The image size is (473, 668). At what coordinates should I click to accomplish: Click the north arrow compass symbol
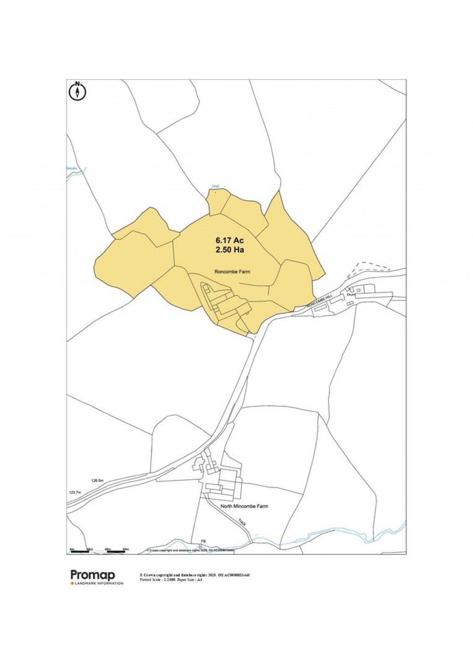[78, 91]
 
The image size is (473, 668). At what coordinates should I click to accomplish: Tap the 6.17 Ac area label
[230, 241]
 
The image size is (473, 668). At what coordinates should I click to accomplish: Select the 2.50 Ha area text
[230, 250]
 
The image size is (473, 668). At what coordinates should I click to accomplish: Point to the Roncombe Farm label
[232, 271]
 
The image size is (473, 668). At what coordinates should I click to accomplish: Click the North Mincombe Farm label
[244, 506]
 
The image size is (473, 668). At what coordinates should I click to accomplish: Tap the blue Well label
[215, 187]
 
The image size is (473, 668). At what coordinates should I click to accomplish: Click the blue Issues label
[71, 169]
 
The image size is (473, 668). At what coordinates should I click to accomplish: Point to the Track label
[242, 522]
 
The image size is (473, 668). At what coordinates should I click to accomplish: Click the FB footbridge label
[202, 541]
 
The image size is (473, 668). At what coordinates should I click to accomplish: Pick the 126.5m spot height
[97, 481]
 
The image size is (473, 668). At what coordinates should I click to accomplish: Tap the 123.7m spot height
[75, 493]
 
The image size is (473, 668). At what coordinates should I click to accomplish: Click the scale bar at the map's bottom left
[98, 551]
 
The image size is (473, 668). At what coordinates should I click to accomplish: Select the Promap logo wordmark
[92, 575]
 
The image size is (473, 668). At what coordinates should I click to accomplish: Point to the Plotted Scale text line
[170, 579]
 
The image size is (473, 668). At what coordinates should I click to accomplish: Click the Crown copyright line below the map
[194, 575]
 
